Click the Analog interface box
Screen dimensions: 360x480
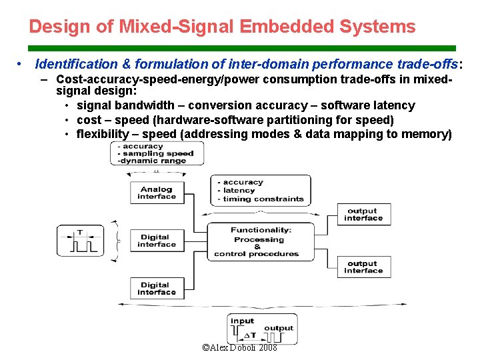pyautogui.click(x=157, y=193)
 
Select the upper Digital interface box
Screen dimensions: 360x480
pyautogui.click(x=154, y=241)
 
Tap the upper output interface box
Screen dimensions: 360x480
pyautogui.click(x=363, y=215)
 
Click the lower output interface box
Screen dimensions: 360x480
pyautogui.click(x=363, y=267)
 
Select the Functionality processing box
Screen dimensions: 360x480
pyautogui.click(x=260, y=242)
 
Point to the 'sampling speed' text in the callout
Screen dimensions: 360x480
pyautogui.click(x=157, y=153)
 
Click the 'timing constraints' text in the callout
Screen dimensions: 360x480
pyautogui.click(x=263, y=199)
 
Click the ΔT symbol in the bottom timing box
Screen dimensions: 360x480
pyautogui.click(x=250, y=335)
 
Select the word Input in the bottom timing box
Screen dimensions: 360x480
pyautogui.click(x=242, y=321)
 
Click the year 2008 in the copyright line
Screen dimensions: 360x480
pyautogui.click(x=268, y=348)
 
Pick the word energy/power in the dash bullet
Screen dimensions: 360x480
pyautogui.click(x=225, y=79)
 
